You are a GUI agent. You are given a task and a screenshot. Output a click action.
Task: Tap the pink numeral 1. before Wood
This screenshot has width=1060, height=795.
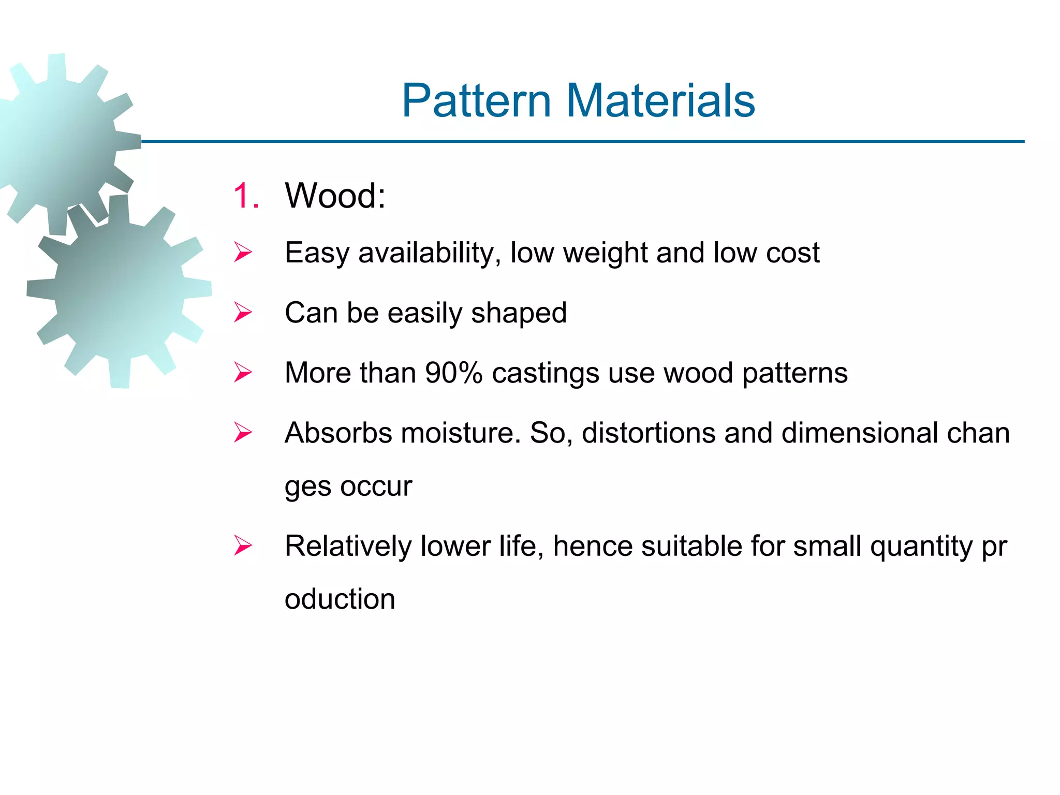point(246,196)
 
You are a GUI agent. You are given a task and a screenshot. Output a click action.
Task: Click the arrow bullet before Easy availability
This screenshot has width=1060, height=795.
point(243,253)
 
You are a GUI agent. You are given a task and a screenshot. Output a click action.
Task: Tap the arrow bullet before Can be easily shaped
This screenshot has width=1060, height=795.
point(243,313)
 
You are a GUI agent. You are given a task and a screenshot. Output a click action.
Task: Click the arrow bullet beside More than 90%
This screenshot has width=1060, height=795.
point(243,373)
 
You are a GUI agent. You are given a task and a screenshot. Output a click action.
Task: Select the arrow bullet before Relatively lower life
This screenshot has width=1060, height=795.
point(243,546)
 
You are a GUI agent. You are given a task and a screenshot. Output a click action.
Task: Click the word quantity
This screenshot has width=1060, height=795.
point(921,547)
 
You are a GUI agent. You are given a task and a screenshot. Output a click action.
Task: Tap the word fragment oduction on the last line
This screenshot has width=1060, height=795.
point(340,599)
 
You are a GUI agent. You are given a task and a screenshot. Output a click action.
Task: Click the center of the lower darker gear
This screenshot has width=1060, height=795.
point(120,290)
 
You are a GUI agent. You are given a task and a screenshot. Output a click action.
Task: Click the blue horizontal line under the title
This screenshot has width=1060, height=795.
point(569,141)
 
